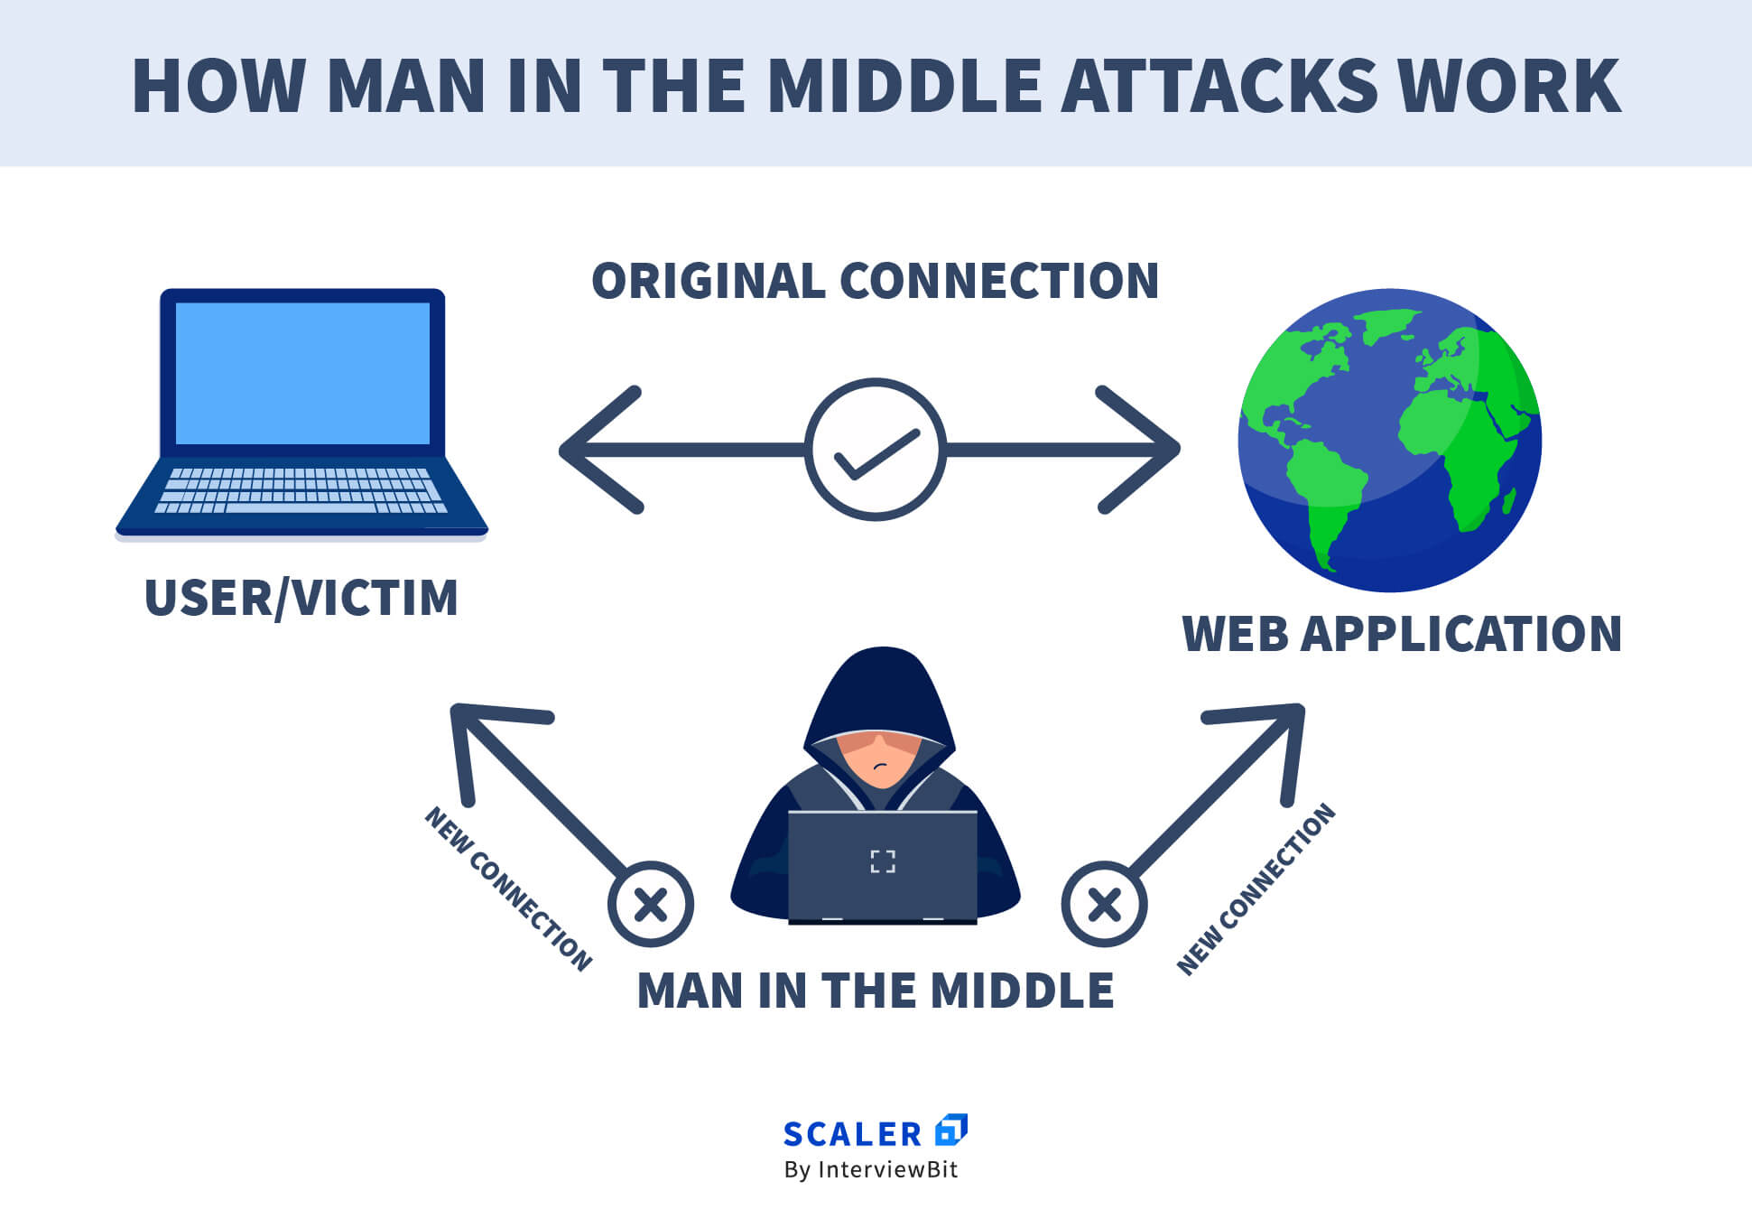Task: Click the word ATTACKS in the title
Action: pyautogui.click(x=1219, y=86)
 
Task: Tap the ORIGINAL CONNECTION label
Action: pyautogui.click(x=875, y=281)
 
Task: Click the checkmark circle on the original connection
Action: pyautogui.click(x=875, y=449)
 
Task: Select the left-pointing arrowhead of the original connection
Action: pyautogui.click(x=596, y=450)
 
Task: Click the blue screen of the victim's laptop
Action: pyautogui.click(x=302, y=373)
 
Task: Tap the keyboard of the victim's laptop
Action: pyautogui.click(x=301, y=490)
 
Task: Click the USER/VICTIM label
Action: pyautogui.click(x=301, y=598)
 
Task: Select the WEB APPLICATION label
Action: pyautogui.click(x=1402, y=634)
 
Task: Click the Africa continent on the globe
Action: pyautogui.click(x=1462, y=442)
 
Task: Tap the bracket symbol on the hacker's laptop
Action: pyautogui.click(x=882, y=861)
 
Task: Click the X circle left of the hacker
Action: pyautogui.click(x=651, y=904)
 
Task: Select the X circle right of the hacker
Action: pyautogui.click(x=1104, y=904)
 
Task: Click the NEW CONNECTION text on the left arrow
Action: pyautogui.click(x=508, y=889)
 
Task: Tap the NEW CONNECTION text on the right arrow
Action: pyautogui.click(x=1256, y=889)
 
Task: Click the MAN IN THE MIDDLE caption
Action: pyautogui.click(x=875, y=991)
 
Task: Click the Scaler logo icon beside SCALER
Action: pyautogui.click(x=950, y=1130)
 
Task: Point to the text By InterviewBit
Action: pyautogui.click(x=871, y=1170)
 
